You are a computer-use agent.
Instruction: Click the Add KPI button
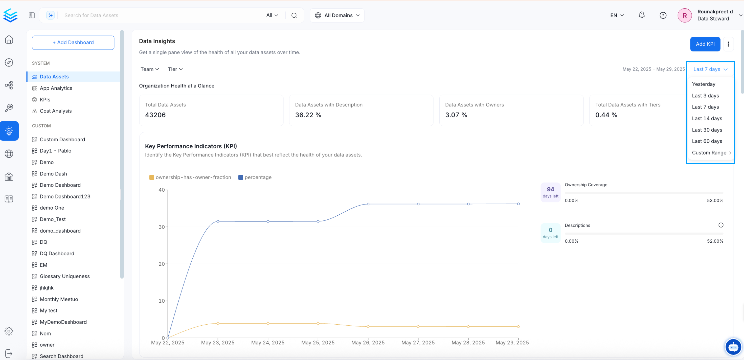click(x=705, y=44)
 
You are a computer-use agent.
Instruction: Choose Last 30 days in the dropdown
click(x=707, y=130)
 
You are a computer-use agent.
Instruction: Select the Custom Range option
click(x=709, y=152)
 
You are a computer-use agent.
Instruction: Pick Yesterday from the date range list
click(x=703, y=84)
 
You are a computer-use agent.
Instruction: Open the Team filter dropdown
click(x=149, y=69)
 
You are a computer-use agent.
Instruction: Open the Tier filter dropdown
click(x=175, y=69)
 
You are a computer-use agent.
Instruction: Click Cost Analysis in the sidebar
click(x=55, y=111)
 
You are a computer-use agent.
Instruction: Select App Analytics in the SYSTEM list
click(x=56, y=88)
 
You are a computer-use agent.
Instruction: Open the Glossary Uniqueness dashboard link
click(x=64, y=276)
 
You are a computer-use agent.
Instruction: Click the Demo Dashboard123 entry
click(x=65, y=196)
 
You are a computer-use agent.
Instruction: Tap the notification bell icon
click(x=641, y=15)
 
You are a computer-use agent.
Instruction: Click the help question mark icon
click(x=663, y=15)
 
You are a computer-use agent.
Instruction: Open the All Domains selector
click(x=337, y=15)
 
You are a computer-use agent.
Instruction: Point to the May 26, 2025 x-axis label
click(x=368, y=342)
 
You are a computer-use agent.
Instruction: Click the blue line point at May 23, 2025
click(x=218, y=221)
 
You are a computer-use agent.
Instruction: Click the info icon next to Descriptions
click(x=720, y=225)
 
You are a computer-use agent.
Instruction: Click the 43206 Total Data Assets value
click(x=155, y=115)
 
